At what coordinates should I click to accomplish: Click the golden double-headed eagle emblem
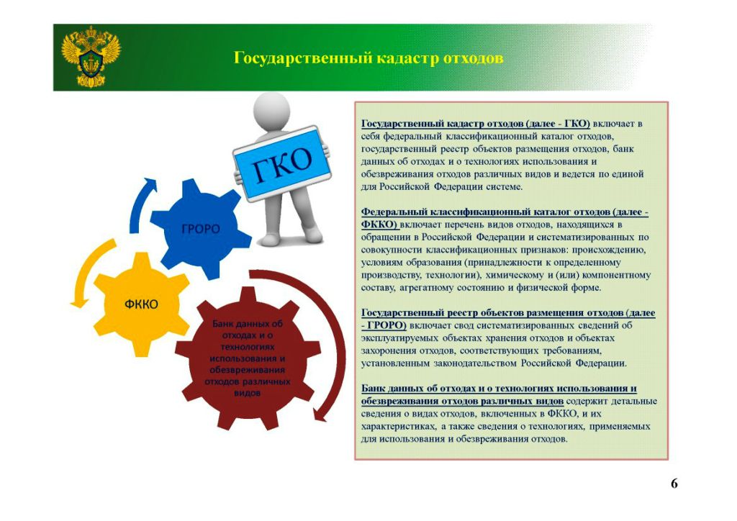91,56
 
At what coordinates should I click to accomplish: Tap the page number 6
674,484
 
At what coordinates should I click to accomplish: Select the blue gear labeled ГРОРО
201,229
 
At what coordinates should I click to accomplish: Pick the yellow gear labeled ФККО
142,304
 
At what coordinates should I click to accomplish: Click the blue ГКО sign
282,163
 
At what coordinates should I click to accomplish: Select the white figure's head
271,109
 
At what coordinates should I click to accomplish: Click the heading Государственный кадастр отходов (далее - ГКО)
476,124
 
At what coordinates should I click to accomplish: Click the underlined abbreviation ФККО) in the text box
379,225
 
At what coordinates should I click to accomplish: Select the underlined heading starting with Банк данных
499,394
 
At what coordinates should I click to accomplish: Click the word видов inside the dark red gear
248,393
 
